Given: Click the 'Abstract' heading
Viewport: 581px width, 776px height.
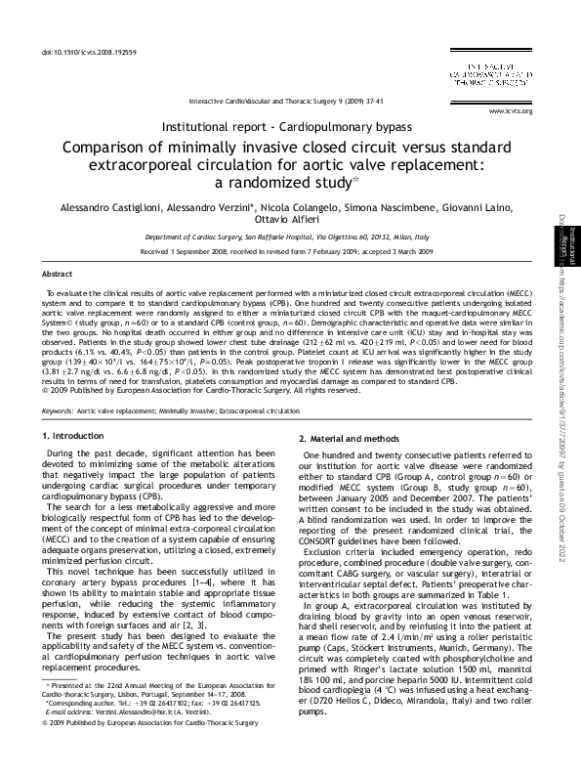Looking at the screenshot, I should (x=58, y=276).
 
